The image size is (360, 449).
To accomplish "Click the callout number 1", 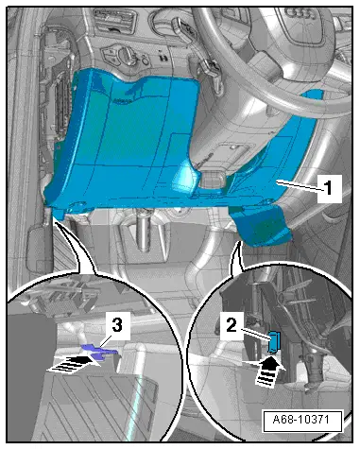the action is pyautogui.click(x=329, y=188).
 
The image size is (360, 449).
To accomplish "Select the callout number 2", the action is pyautogui.click(x=231, y=325).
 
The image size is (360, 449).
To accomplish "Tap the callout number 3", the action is pyautogui.click(x=117, y=325).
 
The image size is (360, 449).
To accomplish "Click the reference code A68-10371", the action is pyautogui.click(x=302, y=420).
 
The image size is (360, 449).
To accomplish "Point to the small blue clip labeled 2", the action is pyautogui.click(x=272, y=341).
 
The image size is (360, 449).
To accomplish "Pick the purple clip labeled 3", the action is pyautogui.click(x=99, y=351).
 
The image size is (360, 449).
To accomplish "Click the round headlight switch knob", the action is pyautogui.click(x=128, y=54).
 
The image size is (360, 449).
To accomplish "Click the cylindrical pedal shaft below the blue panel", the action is pyautogui.click(x=144, y=230).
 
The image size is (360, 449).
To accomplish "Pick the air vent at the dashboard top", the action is pyautogui.click(x=115, y=21).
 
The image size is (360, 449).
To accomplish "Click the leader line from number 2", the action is pyautogui.click(x=255, y=335).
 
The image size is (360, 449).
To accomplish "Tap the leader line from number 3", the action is pyautogui.click(x=104, y=344).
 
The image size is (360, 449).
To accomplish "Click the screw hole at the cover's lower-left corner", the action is pyautogui.click(x=77, y=205).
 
